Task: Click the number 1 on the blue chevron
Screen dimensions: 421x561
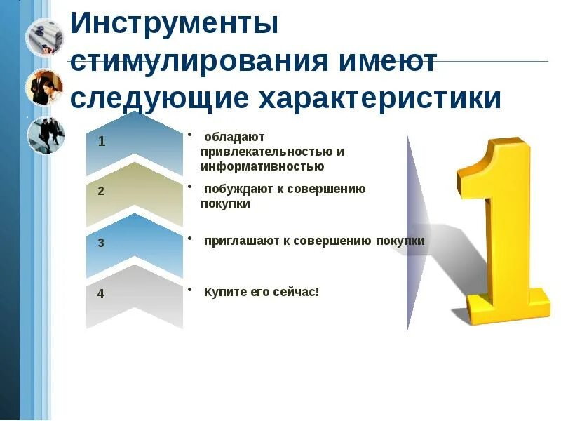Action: click(102, 142)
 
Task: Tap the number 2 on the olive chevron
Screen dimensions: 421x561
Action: click(102, 191)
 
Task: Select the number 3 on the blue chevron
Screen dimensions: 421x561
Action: click(102, 243)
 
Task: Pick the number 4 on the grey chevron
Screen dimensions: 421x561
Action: click(102, 293)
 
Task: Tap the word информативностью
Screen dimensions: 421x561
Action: click(262, 166)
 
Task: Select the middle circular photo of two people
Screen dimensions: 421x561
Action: click(45, 87)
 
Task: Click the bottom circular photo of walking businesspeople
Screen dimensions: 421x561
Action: click(45, 135)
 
